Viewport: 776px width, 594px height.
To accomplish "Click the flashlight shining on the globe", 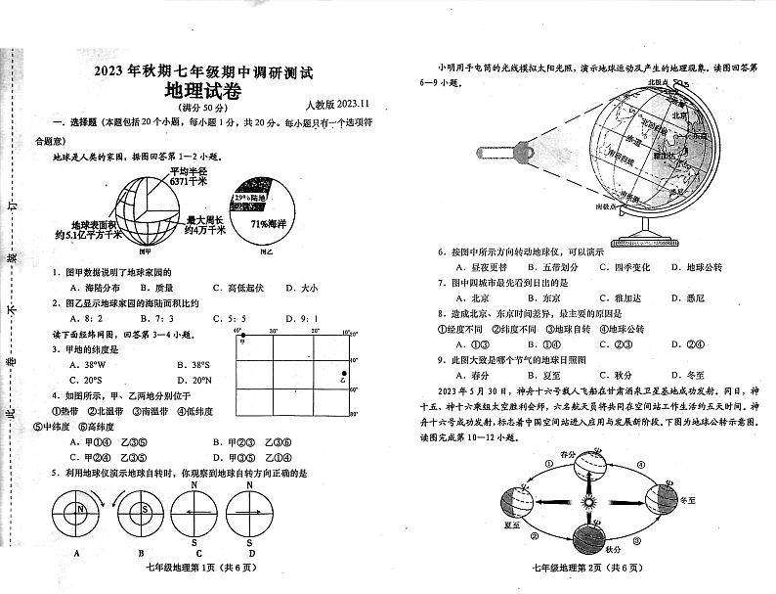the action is [x=498, y=153].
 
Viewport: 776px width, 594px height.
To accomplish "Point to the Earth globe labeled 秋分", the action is [x=588, y=543].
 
